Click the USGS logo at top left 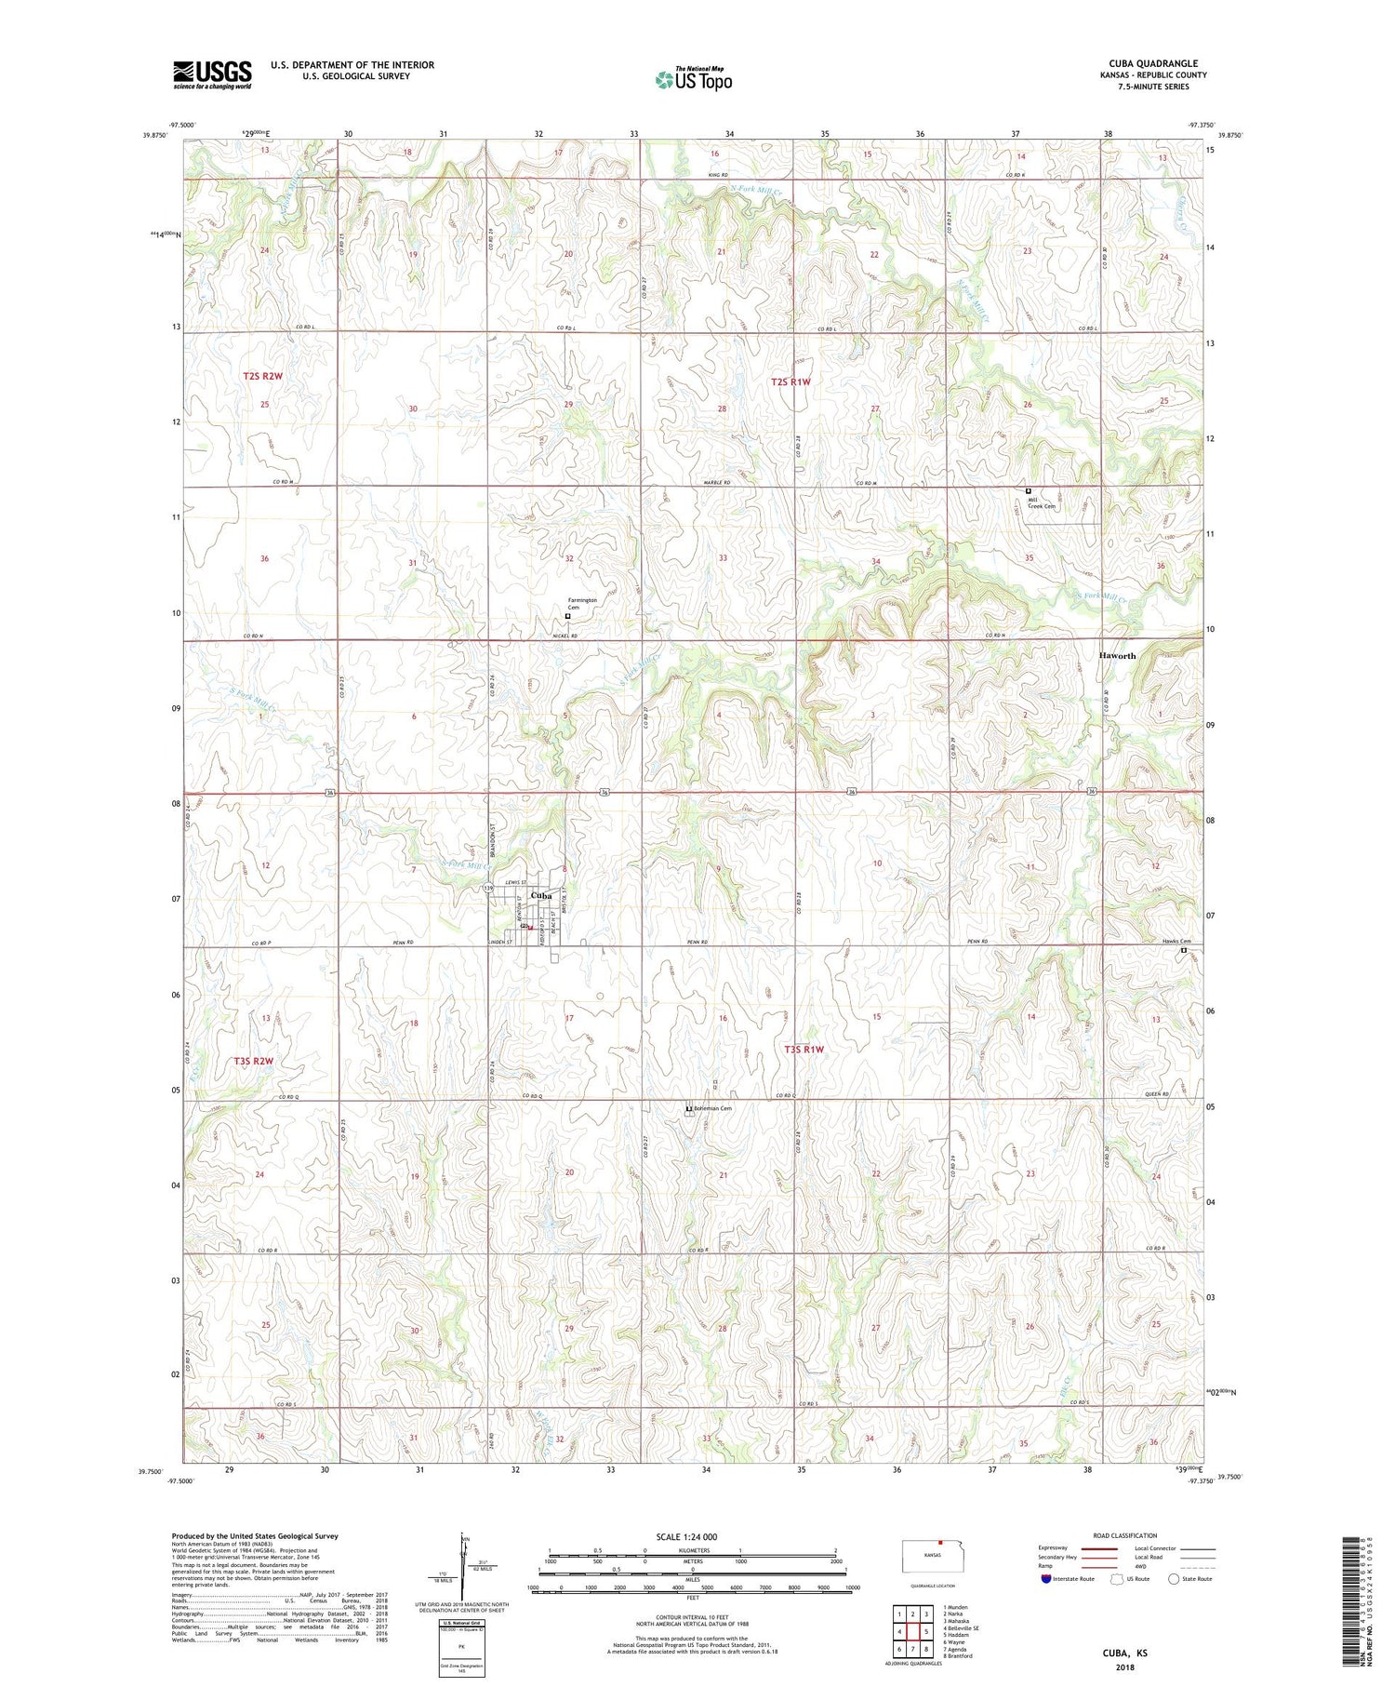[x=212, y=74]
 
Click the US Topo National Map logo [x=693, y=79]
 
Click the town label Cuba [x=540, y=896]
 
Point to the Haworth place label [x=1117, y=655]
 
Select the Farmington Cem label [x=583, y=603]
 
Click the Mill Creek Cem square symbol [x=1028, y=490]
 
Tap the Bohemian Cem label [x=712, y=1108]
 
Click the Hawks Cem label [x=1177, y=941]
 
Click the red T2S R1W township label [x=790, y=382]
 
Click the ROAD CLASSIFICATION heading [x=1125, y=1535]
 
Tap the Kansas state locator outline [x=938, y=1555]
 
